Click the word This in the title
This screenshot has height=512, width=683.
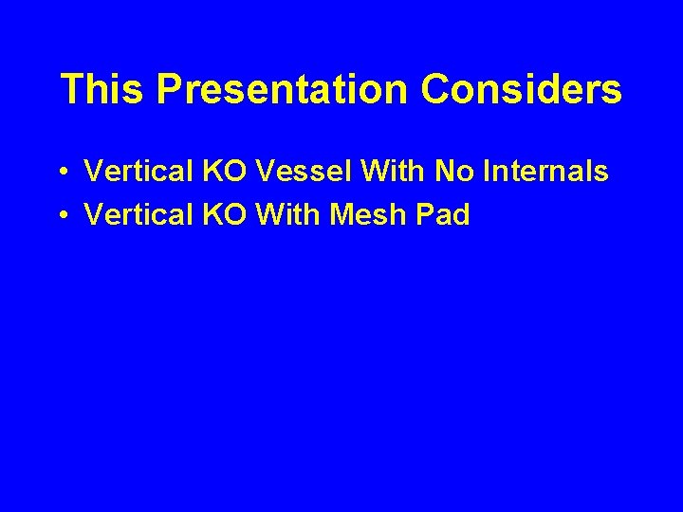coord(102,89)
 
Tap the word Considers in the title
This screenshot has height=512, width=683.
coord(522,89)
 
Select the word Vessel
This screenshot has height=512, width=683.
coord(289,172)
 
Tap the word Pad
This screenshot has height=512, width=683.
coord(445,215)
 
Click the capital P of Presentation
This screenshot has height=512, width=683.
coord(170,89)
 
